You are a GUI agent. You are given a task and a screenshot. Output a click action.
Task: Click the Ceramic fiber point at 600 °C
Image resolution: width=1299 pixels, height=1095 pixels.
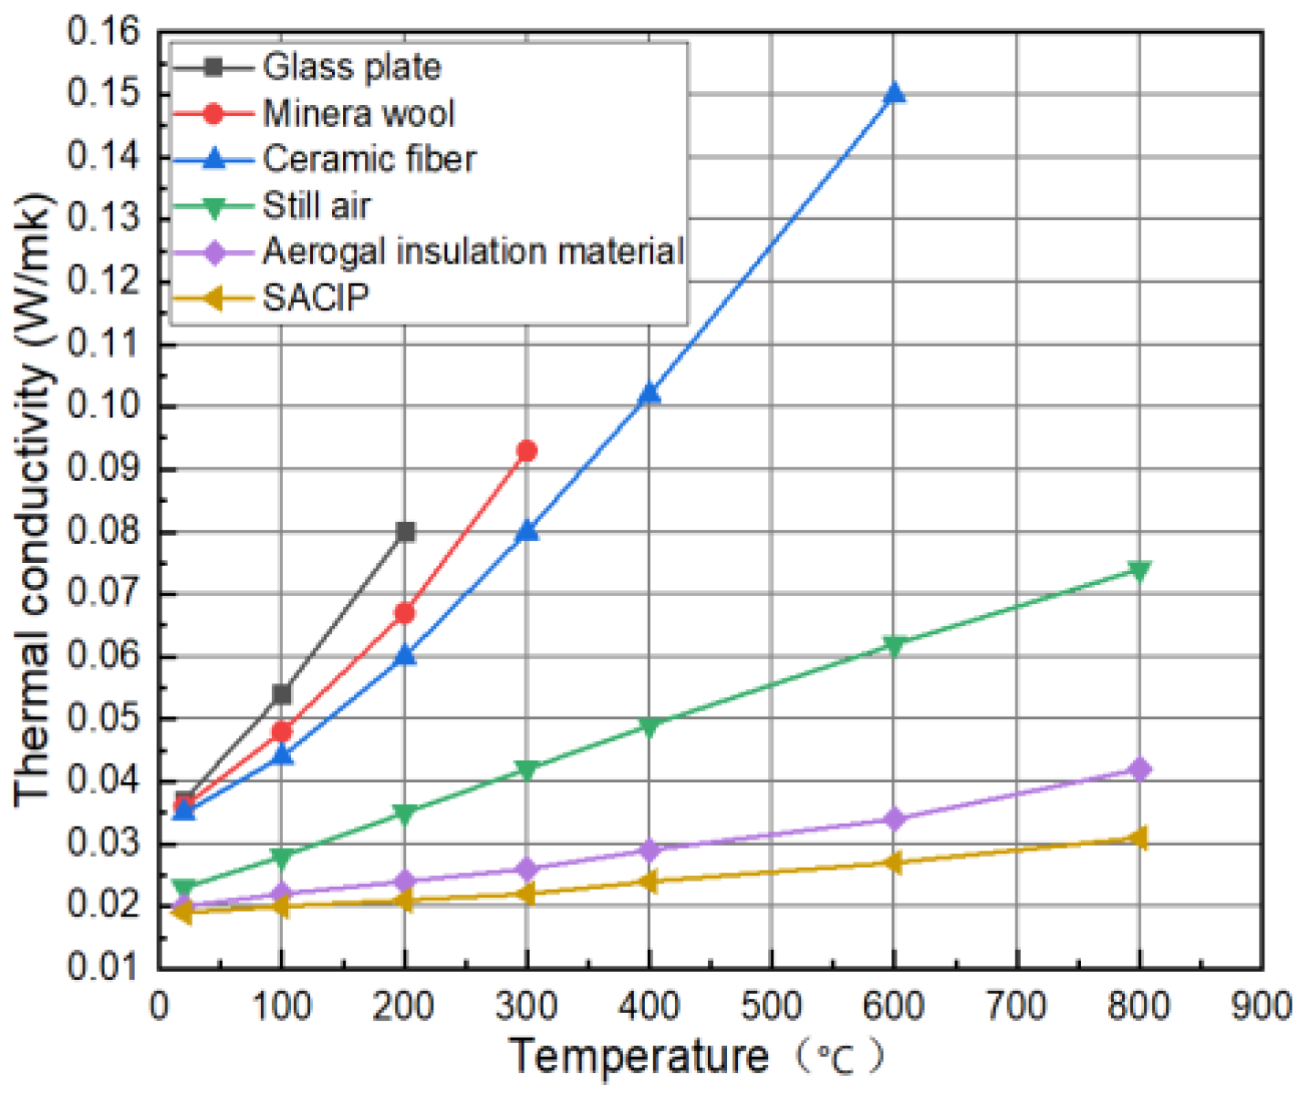coord(894,94)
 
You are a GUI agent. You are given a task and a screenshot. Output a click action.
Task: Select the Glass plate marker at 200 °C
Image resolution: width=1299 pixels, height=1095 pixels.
coord(406,532)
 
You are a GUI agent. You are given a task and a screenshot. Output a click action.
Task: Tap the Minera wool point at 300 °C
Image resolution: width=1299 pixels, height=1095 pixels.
coord(526,451)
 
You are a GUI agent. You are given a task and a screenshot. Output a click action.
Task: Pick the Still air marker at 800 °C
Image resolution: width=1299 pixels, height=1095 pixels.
coord(1138,570)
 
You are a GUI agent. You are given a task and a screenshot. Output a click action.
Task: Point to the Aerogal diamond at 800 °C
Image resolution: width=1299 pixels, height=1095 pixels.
coord(1138,769)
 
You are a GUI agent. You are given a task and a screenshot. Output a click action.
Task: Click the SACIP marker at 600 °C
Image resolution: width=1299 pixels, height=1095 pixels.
coord(893,862)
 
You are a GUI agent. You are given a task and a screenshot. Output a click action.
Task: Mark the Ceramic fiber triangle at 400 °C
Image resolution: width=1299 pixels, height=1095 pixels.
coord(649,394)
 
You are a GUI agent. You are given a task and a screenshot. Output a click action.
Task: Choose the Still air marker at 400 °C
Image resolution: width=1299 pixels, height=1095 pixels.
coord(649,726)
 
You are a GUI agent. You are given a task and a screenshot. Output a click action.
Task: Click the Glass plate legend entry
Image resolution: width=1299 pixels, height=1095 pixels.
coord(351,67)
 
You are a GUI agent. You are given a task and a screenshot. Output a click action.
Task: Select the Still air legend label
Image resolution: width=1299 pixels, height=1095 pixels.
coord(317,205)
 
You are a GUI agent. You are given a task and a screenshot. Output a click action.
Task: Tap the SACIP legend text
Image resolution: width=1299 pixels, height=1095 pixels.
coord(316,297)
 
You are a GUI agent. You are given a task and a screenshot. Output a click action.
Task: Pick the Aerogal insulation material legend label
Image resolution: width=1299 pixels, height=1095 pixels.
coord(473,251)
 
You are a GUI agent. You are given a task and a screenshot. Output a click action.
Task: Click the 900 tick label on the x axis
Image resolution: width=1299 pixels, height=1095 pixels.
coord(1263,1006)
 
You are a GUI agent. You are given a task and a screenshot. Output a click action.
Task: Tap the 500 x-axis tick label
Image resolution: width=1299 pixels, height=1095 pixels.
coord(772,1006)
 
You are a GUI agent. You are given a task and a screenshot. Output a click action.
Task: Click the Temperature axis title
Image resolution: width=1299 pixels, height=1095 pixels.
coord(639,1057)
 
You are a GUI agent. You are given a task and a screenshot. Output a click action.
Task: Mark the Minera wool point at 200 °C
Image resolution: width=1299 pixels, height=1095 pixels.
coord(404,613)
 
